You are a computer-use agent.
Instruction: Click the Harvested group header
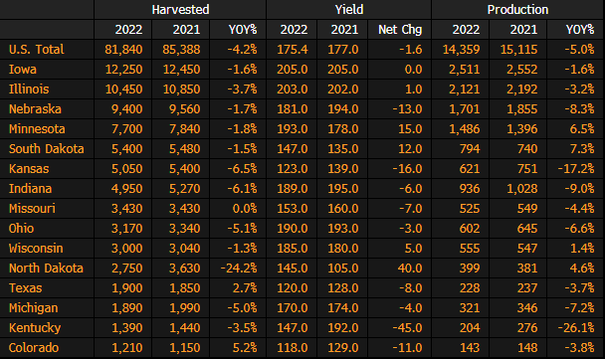180,10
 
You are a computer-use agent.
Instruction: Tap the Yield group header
349,10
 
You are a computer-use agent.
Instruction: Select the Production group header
517,10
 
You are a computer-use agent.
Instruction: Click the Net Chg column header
400,30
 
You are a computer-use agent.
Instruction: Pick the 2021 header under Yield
344,30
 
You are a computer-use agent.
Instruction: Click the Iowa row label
23,70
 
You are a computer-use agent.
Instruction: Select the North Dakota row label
46,269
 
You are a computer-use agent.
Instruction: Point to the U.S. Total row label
37,50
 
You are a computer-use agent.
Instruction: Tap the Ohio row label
21,229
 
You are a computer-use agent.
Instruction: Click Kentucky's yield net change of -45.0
407,328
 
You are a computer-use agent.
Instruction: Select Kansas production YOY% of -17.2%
576,169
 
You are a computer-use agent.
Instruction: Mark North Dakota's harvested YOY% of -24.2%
239,269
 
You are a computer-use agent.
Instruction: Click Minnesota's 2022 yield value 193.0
293,129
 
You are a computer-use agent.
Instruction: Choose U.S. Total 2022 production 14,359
461,50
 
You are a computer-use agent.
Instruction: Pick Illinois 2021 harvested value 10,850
182,90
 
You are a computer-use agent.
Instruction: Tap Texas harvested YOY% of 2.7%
245,288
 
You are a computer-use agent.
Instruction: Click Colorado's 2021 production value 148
527,348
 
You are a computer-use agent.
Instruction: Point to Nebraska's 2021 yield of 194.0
343,109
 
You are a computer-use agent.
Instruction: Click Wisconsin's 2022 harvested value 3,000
126,249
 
